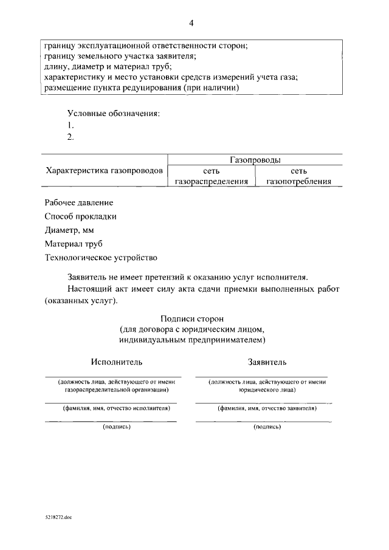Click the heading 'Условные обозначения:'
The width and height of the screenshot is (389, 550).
click(x=114, y=114)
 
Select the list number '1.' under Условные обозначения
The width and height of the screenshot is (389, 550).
click(x=71, y=126)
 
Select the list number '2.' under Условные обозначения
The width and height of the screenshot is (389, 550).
click(x=71, y=137)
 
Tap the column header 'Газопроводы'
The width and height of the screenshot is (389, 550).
click(x=255, y=160)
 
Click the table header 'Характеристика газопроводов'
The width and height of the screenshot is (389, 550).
click(x=105, y=171)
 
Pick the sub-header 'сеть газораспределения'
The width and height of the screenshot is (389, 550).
click(x=212, y=176)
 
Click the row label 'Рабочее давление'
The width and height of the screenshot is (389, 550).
click(x=79, y=202)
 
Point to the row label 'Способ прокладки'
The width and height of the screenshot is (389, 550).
click(x=80, y=216)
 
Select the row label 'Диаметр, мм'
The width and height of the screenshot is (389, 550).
click(x=69, y=230)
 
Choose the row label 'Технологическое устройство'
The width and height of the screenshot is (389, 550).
click(x=101, y=258)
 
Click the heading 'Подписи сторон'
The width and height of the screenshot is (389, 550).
click(x=192, y=318)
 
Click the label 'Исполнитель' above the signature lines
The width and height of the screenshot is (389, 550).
click(x=117, y=362)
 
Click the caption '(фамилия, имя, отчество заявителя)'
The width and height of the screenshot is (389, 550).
click(x=267, y=408)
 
